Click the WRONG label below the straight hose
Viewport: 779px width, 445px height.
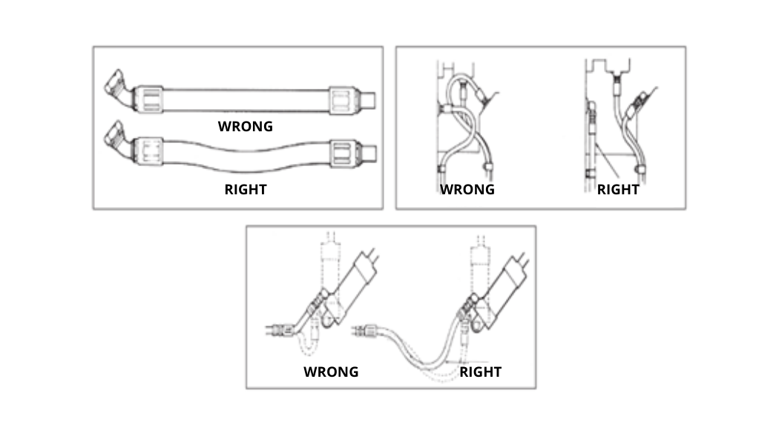point(246,126)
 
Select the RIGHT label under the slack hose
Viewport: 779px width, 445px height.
point(246,189)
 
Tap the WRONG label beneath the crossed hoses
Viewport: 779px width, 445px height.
point(467,189)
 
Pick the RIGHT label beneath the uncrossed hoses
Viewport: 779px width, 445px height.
point(618,189)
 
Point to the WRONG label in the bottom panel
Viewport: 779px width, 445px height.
point(331,372)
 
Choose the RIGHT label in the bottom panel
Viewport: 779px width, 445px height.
point(481,372)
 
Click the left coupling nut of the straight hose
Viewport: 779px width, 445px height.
point(149,99)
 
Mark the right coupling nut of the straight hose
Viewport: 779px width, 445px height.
point(343,101)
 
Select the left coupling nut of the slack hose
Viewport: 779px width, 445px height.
point(149,151)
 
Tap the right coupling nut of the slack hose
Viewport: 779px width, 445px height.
point(343,153)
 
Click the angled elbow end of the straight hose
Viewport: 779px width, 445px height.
point(118,88)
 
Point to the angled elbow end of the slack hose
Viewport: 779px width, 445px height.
point(118,140)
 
